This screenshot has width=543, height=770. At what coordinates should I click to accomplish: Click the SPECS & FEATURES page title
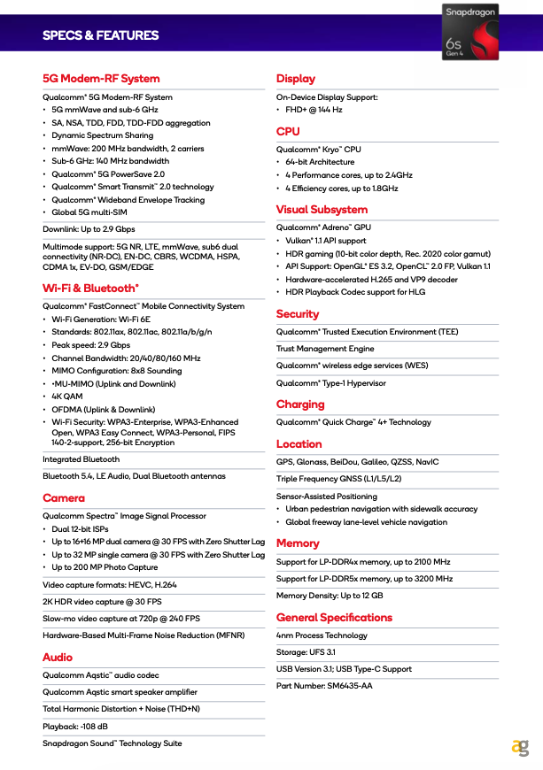[100, 35]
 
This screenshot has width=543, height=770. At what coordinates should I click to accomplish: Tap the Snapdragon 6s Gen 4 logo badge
[469, 31]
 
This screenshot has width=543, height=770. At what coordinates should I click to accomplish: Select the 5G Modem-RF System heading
[101, 79]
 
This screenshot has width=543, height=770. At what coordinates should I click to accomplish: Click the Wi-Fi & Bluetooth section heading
[90, 288]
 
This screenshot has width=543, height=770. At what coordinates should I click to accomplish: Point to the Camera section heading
[64, 498]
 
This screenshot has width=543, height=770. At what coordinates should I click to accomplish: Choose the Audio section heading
[58, 657]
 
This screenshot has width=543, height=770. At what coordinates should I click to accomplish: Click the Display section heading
[296, 79]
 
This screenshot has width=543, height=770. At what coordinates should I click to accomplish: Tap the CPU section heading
[288, 131]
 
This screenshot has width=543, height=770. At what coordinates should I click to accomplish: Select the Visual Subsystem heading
[322, 210]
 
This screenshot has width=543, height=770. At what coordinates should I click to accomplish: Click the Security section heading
[298, 313]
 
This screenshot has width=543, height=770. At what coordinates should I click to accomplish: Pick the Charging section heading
[300, 404]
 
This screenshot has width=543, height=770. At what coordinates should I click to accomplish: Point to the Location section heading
[299, 444]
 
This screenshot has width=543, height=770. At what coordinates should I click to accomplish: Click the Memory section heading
[298, 543]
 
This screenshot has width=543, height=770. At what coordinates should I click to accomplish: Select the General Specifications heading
[334, 617]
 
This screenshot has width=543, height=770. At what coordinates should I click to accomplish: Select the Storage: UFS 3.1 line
[306, 651]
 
